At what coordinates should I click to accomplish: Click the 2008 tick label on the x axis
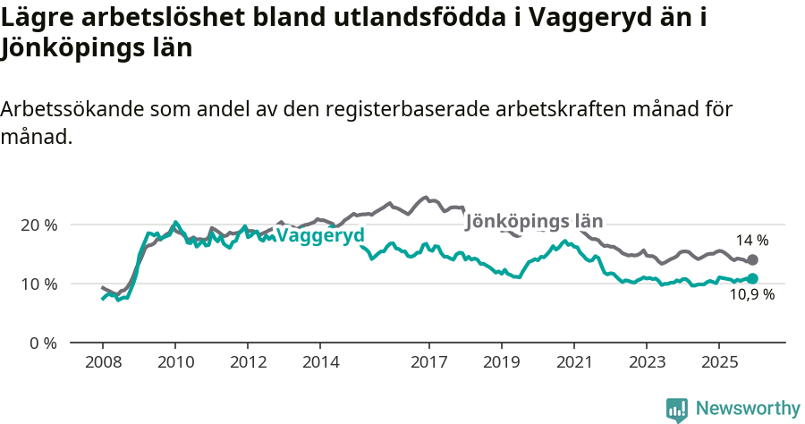(103, 361)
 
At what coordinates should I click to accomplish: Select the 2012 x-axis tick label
(248, 361)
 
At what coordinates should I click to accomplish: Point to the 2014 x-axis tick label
(320, 361)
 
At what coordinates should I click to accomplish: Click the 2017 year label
(428, 361)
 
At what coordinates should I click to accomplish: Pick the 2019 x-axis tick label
(501, 361)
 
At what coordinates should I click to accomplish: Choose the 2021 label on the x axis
(573, 361)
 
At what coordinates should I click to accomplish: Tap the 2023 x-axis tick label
(646, 361)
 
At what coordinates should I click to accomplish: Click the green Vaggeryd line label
(320, 236)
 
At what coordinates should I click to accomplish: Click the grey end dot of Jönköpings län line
(752, 259)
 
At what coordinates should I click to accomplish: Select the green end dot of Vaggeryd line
(752, 278)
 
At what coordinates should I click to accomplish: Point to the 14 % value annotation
(752, 240)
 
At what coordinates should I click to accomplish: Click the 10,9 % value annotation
(752, 294)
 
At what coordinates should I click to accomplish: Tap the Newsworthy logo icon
(677, 410)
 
